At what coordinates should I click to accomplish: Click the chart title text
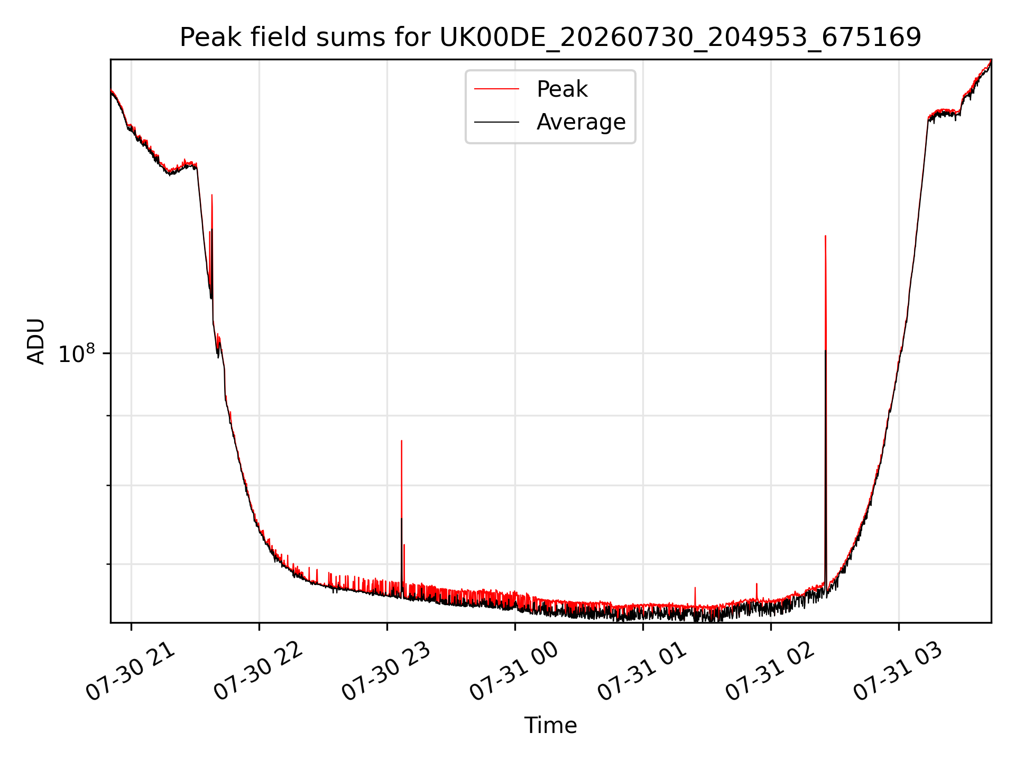pos(550,38)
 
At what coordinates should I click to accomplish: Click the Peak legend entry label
pos(562,89)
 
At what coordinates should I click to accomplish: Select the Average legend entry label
pos(581,122)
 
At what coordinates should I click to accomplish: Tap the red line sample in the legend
pos(496,89)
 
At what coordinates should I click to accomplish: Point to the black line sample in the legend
pos(496,122)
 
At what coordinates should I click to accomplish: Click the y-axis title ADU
pos(36,341)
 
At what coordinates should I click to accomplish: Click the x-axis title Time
pos(550,726)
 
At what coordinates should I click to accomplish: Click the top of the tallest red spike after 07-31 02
pos(825,236)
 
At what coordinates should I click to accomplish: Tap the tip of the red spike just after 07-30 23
pos(402,441)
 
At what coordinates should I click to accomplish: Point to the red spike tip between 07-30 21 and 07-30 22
pos(212,195)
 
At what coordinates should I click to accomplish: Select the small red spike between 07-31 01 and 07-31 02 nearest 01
pos(695,588)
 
